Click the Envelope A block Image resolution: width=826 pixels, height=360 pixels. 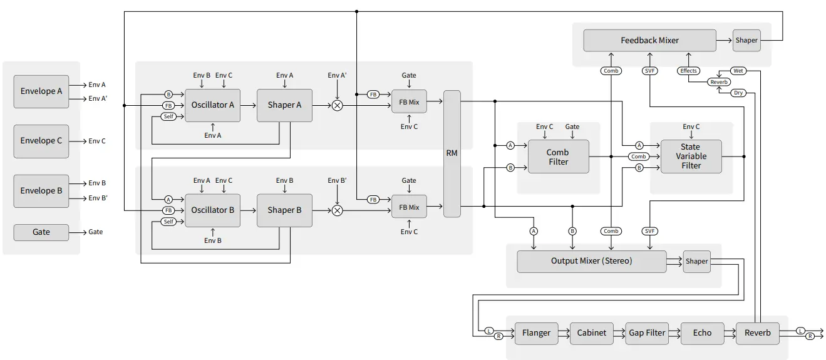[x=41, y=91]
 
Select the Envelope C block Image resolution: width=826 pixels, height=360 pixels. [x=41, y=141]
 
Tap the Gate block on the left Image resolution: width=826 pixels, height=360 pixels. [x=41, y=232]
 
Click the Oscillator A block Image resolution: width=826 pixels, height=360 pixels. [x=213, y=105]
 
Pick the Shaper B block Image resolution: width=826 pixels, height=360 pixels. [x=284, y=210]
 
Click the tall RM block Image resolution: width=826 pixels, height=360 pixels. [x=452, y=153]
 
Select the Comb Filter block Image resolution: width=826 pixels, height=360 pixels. [x=557, y=157]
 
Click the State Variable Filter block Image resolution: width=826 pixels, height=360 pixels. [x=691, y=157]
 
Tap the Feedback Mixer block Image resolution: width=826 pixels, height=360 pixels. [x=649, y=40]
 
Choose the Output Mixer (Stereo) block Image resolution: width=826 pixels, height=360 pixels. [x=591, y=261]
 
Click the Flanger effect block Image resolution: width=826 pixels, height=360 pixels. [x=536, y=333]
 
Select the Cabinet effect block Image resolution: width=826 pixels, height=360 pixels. [x=591, y=333]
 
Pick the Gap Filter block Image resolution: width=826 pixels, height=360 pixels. [x=647, y=333]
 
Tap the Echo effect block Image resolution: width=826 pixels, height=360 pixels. [x=702, y=333]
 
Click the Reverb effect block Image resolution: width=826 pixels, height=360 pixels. [x=757, y=333]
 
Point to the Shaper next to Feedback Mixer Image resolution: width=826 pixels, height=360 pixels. [x=746, y=40]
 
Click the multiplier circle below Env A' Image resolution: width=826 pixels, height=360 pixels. [x=337, y=105]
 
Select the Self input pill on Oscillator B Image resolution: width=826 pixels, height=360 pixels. [x=168, y=222]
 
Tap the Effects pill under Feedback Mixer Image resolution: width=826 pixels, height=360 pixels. [x=688, y=71]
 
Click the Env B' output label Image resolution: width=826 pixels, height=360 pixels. [x=98, y=198]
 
